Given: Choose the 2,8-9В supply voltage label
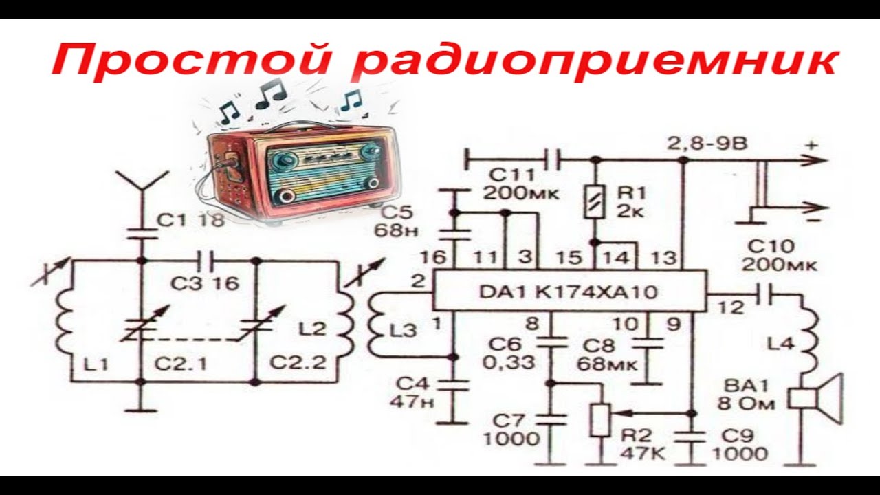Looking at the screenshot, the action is coord(707,145).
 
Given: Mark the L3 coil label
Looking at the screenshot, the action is coord(402,330).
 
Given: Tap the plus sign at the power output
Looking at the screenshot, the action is coord(813,146).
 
